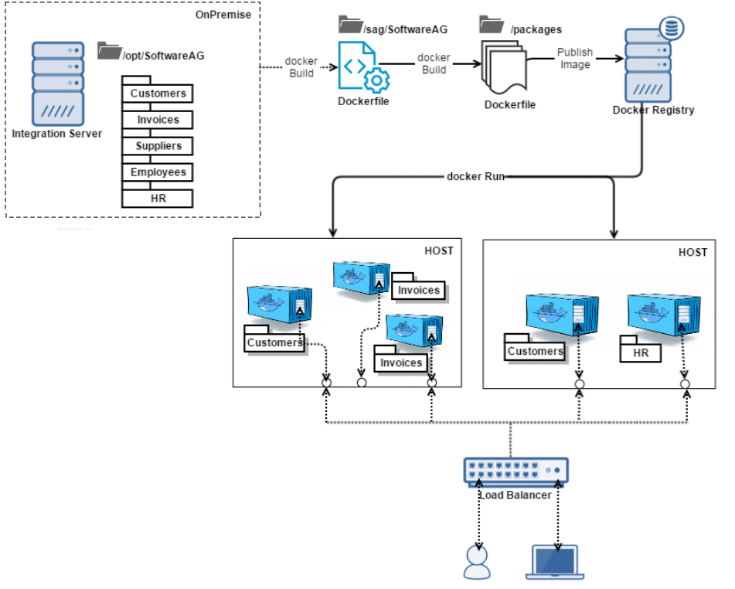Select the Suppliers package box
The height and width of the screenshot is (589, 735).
(x=158, y=146)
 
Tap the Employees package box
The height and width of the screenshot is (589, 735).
(x=158, y=172)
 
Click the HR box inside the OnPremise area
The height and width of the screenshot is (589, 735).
(x=158, y=199)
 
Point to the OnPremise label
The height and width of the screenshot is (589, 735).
(x=227, y=14)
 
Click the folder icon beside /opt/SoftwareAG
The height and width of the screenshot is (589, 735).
(x=109, y=52)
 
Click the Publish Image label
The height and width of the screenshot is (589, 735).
(x=575, y=58)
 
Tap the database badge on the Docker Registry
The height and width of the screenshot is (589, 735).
(x=672, y=29)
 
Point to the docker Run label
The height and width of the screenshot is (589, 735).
(x=475, y=176)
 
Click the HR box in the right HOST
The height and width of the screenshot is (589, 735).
(x=641, y=353)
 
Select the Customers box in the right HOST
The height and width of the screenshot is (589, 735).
(x=535, y=352)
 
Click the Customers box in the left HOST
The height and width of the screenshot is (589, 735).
(x=274, y=342)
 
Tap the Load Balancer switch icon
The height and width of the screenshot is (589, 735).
(x=516, y=470)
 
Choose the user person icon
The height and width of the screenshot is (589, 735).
(x=477, y=562)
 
